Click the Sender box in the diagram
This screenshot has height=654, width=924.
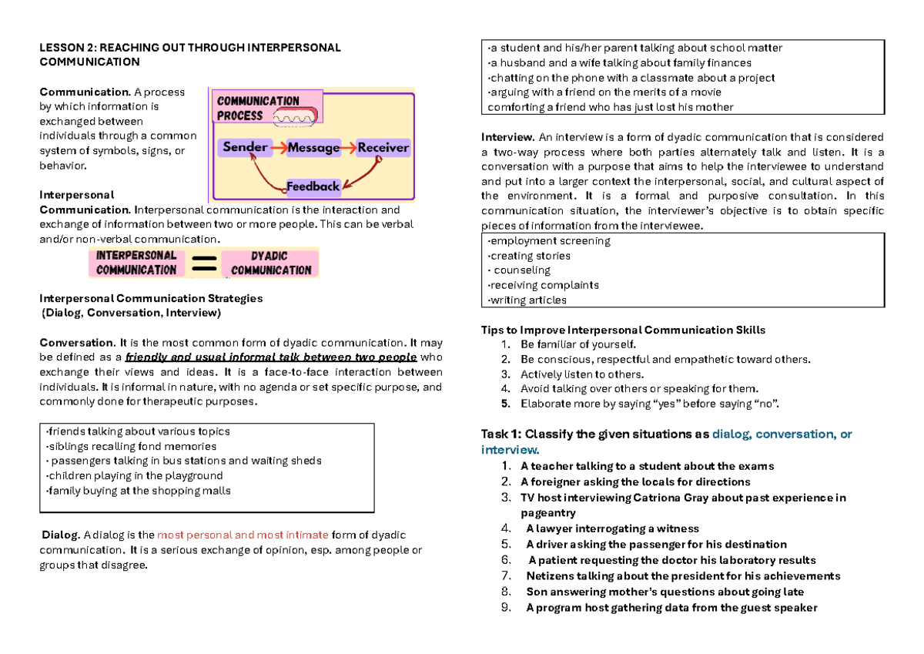click(x=245, y=147)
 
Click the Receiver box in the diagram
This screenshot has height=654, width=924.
click(x=383, y=147)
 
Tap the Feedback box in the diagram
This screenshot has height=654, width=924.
click(x=313, y=186)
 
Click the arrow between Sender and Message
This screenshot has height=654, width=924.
click(x=278, y=147)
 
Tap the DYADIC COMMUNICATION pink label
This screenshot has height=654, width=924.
click(x=270, y=263)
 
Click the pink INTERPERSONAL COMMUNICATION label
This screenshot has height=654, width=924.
click(x=136, y=263)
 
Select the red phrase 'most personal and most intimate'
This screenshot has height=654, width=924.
click(x=243, y=535)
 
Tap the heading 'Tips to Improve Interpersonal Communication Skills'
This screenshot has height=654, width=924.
click(x=623, y=330)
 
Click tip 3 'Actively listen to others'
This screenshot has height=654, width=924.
click(x=581, y=374)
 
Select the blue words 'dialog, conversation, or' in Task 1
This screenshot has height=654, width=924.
click(x=782, y=434)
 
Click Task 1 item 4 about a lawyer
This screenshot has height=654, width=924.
click(x=611, y=528)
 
